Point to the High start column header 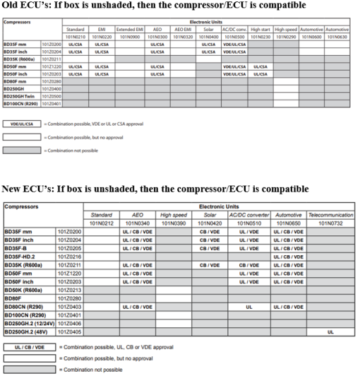pyautogui.click(x=260, y=29)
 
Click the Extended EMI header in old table pyautogui.click(x=128, y=29)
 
